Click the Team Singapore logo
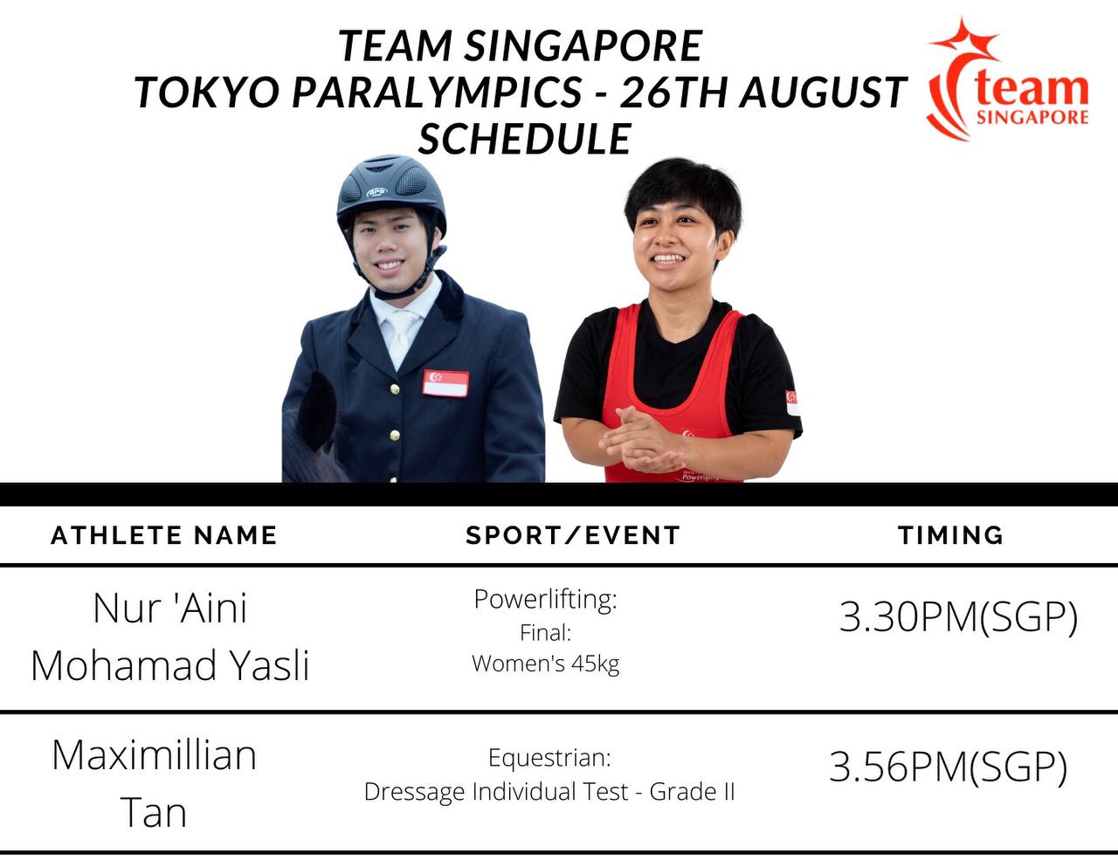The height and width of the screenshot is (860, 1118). [1007, 79]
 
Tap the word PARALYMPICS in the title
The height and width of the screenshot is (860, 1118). [438, 93]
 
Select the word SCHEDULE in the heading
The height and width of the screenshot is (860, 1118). [524, 139]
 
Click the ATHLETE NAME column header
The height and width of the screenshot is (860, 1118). [164, 535]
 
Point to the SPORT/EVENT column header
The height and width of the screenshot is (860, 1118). [573, 535]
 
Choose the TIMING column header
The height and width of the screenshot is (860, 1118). [951, 535]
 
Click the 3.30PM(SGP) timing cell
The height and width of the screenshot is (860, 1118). [958, 617]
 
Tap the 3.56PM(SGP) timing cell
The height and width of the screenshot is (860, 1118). [949, 767]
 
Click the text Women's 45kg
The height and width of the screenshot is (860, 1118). [545, 664]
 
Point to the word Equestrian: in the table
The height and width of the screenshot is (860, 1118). [549, 758]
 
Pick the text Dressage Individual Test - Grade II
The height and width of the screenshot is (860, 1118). [549, 792]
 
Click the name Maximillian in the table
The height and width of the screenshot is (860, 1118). [154, 755]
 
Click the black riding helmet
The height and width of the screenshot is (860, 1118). [391, 193]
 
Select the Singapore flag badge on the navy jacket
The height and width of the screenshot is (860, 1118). [445, 383]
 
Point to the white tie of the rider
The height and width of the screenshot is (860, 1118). [401, 335]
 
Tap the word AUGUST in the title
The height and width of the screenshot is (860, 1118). [823, 93]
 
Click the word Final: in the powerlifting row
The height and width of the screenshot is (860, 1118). [545, 633]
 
